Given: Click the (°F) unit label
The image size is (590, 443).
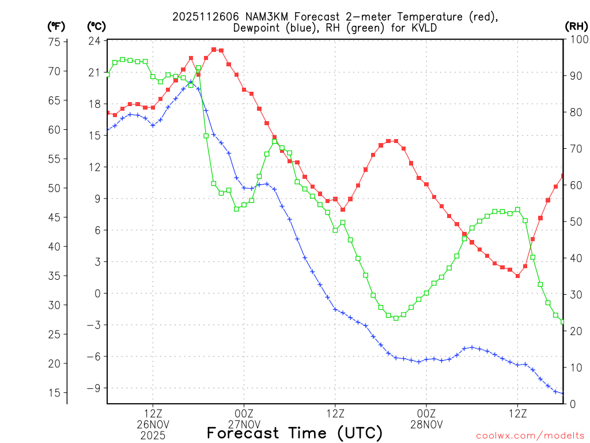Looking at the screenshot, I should click(x=56, y=26).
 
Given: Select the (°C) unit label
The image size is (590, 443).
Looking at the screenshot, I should click(x=96, y=26).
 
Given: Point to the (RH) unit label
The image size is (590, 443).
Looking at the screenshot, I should click(x=576, y=26).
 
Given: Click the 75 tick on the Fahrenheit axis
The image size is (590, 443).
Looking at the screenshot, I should click(x=55, y=42).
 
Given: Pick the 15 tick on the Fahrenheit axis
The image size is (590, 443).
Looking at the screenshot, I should click(x=55, y=393).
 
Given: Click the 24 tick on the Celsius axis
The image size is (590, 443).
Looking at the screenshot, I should click(x=95, y=41).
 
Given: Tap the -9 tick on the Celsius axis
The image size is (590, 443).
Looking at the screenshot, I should click(x=93, y=388).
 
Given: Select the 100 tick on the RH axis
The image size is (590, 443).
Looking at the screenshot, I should click(x=578, y=39).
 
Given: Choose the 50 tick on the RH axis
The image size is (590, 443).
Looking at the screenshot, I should click(x=576, y=221).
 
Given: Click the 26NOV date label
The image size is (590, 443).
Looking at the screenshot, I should click(x=153, y=425).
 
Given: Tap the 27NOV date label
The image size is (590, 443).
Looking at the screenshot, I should click(x=244, y=425).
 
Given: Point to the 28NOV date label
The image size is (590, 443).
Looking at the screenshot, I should click(x=426, y=425).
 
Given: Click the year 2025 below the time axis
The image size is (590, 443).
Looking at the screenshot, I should click(x=153, y=436).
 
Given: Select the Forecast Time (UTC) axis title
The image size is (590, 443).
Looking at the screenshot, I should click(x=294, y=433).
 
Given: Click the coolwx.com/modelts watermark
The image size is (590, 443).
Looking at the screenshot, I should click(x=530, y=436).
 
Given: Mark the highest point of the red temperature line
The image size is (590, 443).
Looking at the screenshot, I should click(x=214, y=50).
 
